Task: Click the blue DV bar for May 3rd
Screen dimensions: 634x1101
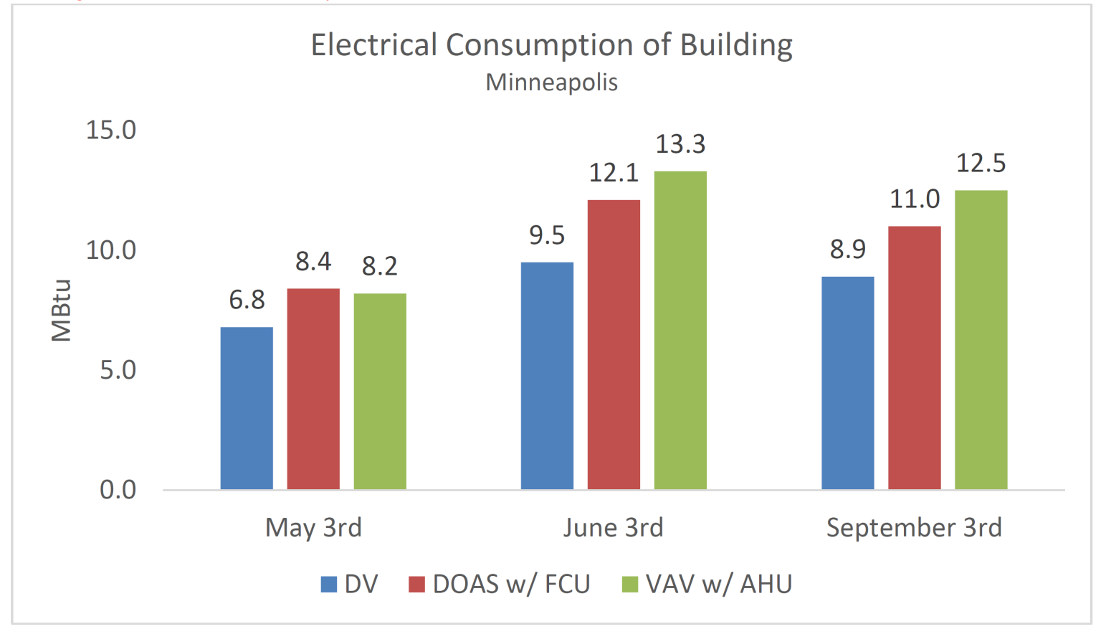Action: coord(247,408)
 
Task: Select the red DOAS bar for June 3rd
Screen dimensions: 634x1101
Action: coord(614,344)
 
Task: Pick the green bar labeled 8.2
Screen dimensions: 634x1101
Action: coord(380,391)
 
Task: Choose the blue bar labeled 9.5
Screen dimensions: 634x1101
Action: coord(547,376)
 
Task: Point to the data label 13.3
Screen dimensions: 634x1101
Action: coord(680,144)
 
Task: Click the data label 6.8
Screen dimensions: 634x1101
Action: coord(247,300)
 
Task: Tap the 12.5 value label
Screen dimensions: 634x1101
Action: coord(981,164)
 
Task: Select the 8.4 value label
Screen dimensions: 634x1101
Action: coord(313,262)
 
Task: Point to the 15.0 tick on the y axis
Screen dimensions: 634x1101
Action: coord(110,130)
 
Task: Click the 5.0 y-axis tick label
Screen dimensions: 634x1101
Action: coord(118,370)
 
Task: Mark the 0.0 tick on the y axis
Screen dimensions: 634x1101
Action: coord(118,490)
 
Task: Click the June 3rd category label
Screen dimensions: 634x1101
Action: coord(613,528)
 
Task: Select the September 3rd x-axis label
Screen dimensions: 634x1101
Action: coord(914,528)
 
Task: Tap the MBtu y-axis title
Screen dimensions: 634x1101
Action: coord(62,310)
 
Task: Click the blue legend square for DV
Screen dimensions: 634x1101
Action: coord(329,585)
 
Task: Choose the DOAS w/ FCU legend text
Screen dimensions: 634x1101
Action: coord(511,585)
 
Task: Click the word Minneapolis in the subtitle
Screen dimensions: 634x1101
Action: coord(551,82)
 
